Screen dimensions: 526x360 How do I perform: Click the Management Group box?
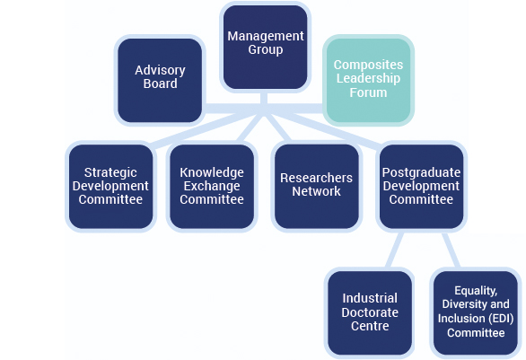coord(266,47)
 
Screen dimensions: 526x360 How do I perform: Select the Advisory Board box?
coord(160,80)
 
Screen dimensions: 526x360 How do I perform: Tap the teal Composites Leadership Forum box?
coord(368,80)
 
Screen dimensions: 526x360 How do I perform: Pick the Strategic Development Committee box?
coord(110,187)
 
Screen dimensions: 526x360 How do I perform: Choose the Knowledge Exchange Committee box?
coord(212,187)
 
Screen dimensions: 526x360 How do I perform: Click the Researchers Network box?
coord(316,187)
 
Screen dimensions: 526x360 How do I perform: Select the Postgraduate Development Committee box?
coord(421,187)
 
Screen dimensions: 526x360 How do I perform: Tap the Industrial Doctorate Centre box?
coord(370,312)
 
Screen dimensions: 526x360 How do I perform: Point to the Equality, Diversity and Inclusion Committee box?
coord(476,312)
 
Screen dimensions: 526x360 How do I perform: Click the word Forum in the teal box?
coord(368,92)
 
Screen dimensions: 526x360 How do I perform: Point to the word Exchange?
coord(212,186)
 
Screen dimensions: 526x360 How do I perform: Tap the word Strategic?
coord(110,172)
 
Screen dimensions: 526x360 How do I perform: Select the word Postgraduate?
coord(421,172)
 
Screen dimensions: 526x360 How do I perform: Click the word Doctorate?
coord(370,312)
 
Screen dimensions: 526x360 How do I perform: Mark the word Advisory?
coord(160,70)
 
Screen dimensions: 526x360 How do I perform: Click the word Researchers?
coord(316,178)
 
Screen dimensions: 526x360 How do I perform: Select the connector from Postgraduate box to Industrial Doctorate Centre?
coord(395,250)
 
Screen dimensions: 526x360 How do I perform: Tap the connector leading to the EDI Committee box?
coord(451,250)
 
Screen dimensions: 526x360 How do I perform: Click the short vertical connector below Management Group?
coord(264,98)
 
